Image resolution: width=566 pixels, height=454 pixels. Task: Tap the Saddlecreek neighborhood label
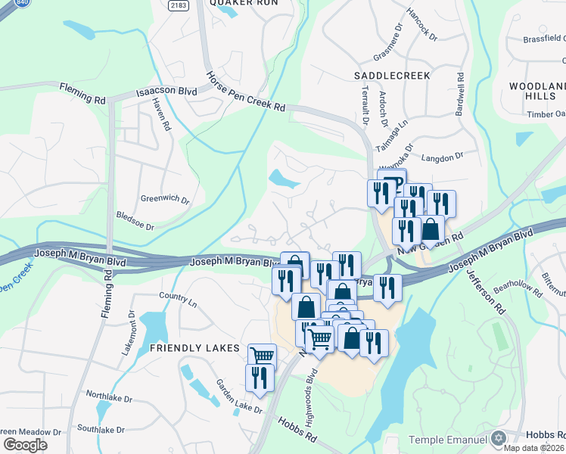[392, 76]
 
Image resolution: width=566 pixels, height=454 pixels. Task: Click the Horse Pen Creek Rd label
[246, 92]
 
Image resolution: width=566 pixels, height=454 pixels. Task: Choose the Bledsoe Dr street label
[135, 225]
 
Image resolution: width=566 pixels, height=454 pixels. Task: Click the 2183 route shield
[178, 5]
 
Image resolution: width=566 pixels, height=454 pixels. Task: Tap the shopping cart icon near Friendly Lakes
[262, 356]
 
